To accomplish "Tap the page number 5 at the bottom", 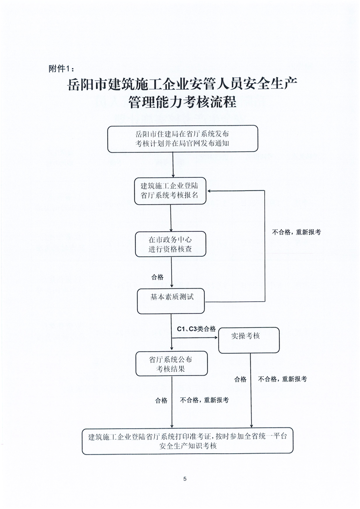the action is tap(185, 479).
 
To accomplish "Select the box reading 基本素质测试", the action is tap(171, 301).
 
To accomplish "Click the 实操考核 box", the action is tap(249, 340).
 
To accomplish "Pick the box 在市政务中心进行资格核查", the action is tap(171, 244).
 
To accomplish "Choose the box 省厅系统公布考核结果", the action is tap(172, 363).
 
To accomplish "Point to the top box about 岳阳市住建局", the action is tap(182, 139).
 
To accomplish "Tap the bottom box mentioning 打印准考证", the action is tap(187, 441).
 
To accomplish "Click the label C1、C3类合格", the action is tap(196, 329).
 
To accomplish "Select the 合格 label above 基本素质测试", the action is tap(158, 277).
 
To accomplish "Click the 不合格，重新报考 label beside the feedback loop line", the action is tap(296, 232).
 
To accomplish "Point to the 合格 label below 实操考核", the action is tap(241, 379).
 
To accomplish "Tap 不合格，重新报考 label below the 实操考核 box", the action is tap(282, 379).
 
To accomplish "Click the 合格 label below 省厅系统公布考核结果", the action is tap(161, 401).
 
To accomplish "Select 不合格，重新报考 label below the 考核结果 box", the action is tap(204, 400).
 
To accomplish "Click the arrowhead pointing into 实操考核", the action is tap(216, 338).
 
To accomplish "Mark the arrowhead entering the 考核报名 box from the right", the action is tap(210, 191).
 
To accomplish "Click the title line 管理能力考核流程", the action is tap(182, 102).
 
